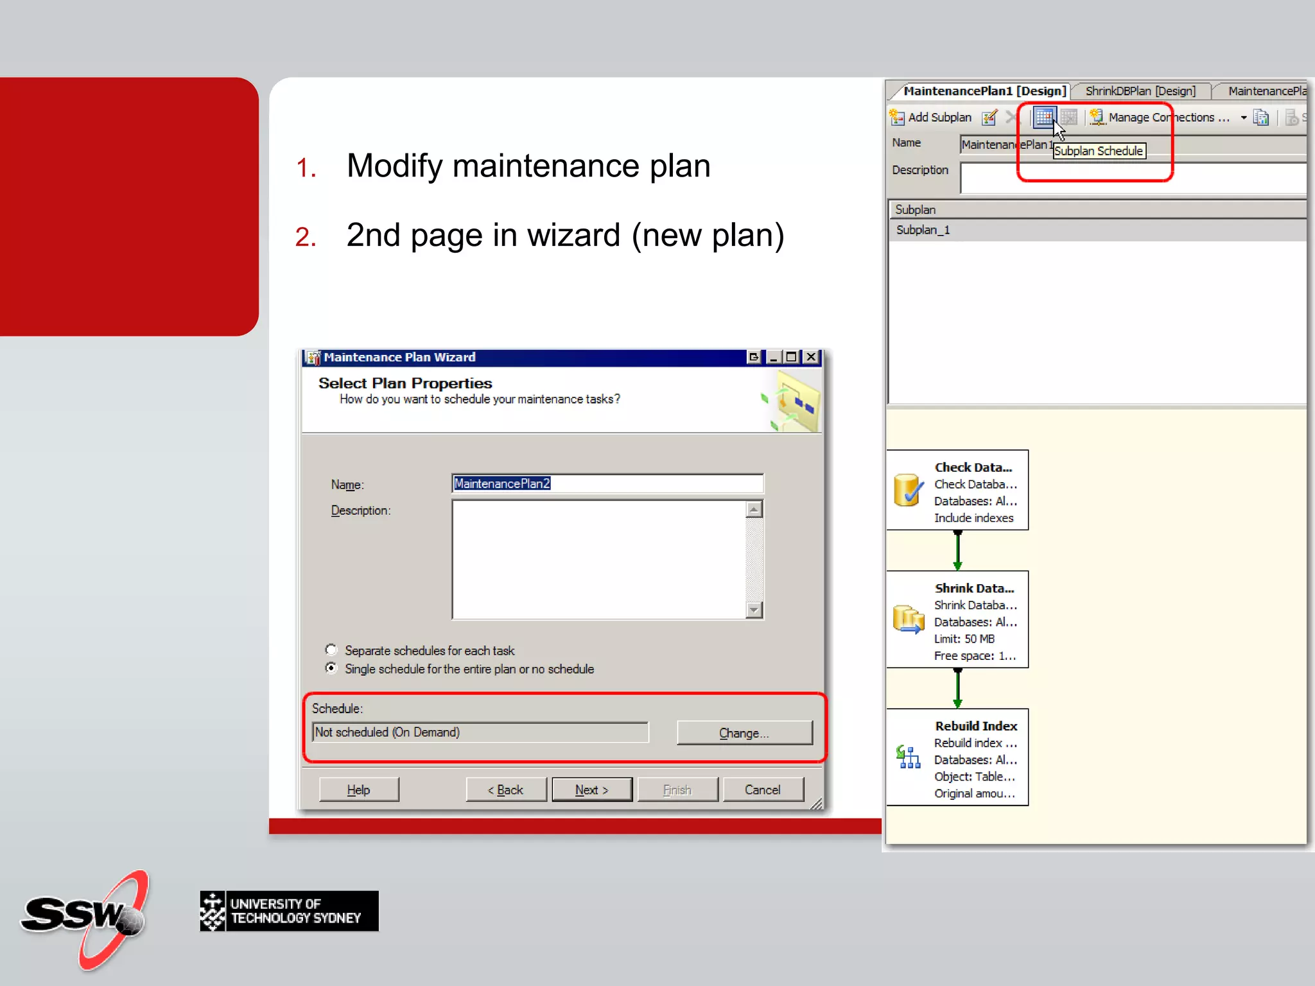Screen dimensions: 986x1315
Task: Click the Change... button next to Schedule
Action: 744,732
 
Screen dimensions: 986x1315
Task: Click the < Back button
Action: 506,790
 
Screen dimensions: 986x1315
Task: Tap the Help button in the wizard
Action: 358,790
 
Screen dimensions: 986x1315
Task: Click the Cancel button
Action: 762,790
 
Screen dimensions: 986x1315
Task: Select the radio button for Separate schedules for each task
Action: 331,650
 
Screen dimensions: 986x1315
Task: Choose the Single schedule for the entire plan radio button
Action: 331,668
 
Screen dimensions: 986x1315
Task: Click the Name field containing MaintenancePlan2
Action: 607,483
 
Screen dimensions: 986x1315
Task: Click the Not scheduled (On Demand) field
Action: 480,732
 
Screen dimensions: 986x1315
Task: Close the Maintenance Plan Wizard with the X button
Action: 812,357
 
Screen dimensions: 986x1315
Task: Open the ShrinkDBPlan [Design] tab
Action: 1140,91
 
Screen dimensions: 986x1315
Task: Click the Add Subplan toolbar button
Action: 932,117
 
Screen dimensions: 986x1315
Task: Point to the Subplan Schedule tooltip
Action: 1099,151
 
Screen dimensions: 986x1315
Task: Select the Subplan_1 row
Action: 923,230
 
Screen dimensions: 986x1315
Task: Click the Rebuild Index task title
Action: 976,726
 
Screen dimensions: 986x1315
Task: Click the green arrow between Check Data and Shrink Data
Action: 957,550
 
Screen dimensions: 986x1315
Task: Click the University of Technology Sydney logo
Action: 289,911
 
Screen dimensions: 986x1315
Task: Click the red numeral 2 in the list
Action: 305,237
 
